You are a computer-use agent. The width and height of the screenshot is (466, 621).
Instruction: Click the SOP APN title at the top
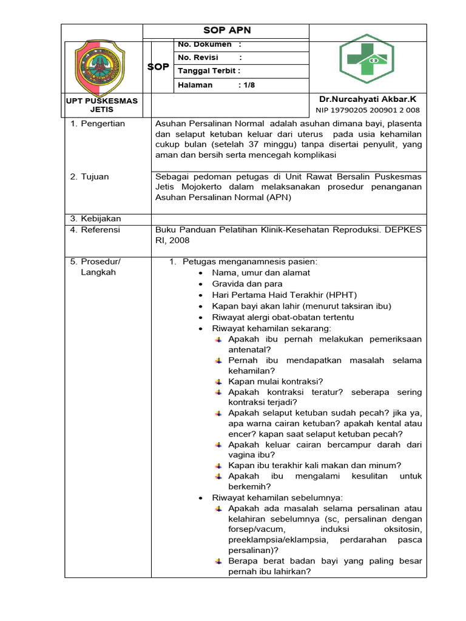click(x=226, y=31)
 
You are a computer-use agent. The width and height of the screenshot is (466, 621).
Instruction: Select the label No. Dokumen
click(x=204, y=44)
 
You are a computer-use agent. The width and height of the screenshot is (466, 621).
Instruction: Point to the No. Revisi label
click(x=198, y=58)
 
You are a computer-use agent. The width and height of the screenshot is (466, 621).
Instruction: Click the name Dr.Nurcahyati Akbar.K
click(x=368, y=99)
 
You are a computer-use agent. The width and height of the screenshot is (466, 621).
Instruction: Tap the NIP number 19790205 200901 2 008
click(x=368, y=110)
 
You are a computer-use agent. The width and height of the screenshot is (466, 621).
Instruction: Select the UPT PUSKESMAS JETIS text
click(x=102, y=105)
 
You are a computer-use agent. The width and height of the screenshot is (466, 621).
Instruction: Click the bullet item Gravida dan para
click(x=247, y=284)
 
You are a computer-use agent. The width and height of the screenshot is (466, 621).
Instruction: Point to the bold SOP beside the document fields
click(x=158, y=67)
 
